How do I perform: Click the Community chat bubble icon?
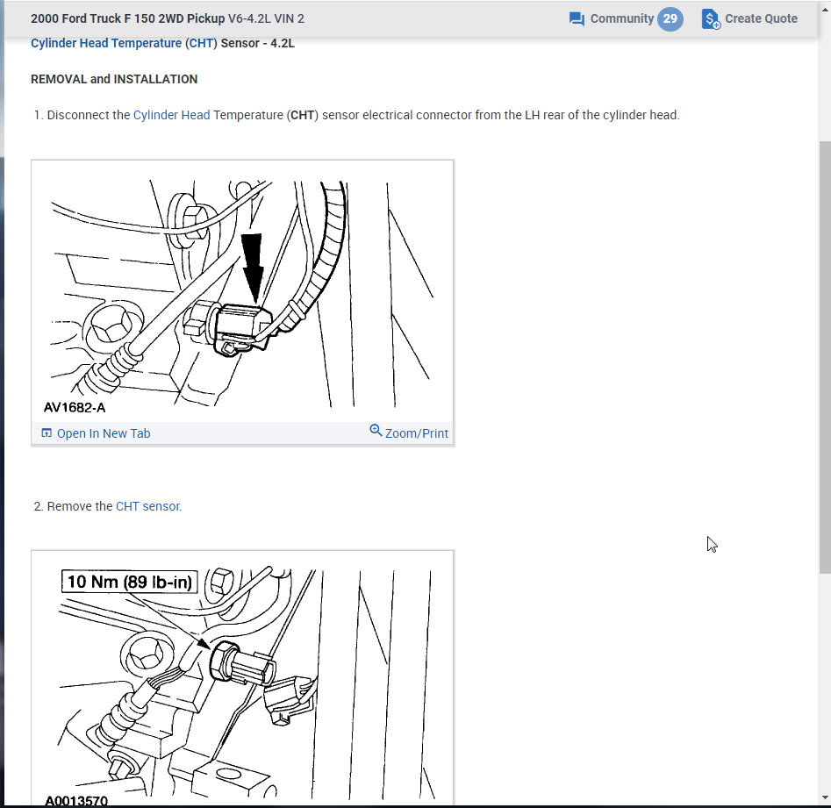577,19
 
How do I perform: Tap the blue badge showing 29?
670,18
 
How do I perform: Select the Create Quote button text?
761,19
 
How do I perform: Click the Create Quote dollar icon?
711,19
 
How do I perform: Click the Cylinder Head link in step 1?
171,115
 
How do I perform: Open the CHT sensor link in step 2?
147,506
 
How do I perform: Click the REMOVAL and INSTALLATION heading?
114,79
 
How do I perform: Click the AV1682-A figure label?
81,408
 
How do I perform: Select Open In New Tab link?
103,433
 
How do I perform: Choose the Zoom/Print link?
416,433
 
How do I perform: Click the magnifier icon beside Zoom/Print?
376,431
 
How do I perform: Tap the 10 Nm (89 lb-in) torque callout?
130,582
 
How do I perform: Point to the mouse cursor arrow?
712,544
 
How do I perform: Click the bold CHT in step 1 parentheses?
302,115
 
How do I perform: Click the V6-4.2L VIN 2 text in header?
266,18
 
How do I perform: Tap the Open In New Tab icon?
47,433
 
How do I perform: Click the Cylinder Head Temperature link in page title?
106,43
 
